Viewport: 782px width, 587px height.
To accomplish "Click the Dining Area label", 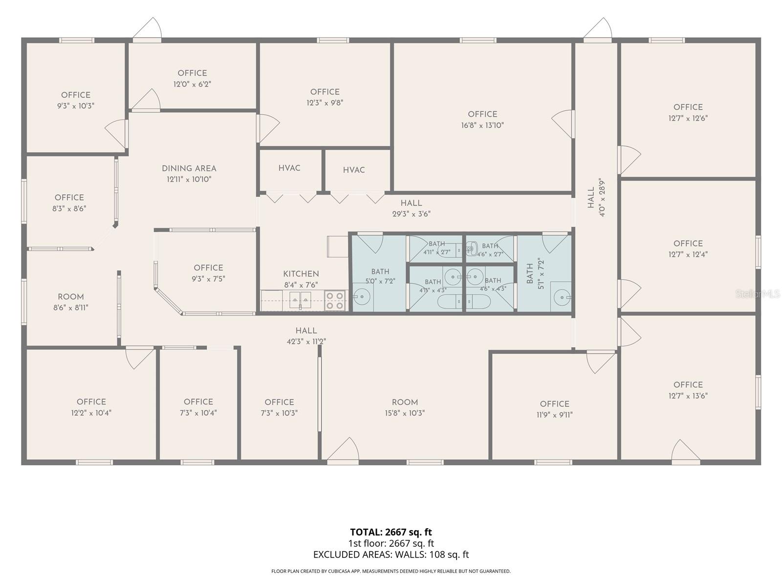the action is (x=189, y=168).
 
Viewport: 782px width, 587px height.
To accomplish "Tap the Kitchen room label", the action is (x=301, y=274).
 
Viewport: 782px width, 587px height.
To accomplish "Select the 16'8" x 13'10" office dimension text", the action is (x=482, y=125).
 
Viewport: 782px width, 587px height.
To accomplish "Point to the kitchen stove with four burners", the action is (x=335, y=300).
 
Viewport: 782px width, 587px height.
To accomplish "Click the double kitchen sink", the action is (x=300, y=300).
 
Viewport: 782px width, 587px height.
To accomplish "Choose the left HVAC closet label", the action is (x=289, y=168).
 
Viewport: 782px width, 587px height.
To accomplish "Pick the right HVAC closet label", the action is (x=354, y=170).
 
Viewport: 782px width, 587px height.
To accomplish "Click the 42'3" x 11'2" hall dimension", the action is (x=306, y=341).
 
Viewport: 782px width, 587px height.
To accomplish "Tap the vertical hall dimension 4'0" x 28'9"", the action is (x=602, y=197).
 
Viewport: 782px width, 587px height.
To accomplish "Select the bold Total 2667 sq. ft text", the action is (x=391, y=532).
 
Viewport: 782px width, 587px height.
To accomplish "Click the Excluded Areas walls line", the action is (x=391, y=555).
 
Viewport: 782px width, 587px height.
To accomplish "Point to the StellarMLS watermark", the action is (x=758, y=294).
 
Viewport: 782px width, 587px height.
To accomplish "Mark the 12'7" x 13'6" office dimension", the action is (x=688, y=396).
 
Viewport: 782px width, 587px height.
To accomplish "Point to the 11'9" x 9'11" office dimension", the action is (x=555, y=415).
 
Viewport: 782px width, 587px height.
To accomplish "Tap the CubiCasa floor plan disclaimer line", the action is (x=391, y=571).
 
